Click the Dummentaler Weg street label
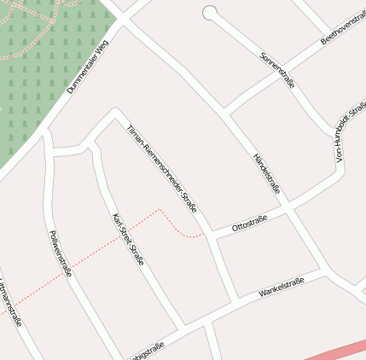(x=88, y=71)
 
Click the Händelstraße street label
(x=267, y=173)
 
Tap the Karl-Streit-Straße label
(x=128, y=239)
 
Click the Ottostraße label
(x=250, y=223)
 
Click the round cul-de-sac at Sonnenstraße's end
(x=210, y=13)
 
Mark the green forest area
(x=43, y=85)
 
